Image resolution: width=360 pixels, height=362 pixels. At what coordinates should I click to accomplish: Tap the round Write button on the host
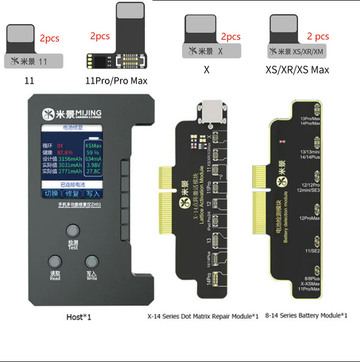tap(91, 263)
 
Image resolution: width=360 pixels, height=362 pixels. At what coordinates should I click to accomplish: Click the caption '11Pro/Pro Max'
tap(116, 81)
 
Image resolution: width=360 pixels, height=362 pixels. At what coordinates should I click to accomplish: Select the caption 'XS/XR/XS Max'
tap(297, 70)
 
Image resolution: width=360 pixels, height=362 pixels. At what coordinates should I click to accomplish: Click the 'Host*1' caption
tap(78, 317)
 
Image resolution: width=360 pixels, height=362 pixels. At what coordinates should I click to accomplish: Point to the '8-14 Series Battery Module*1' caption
tap(306, 316)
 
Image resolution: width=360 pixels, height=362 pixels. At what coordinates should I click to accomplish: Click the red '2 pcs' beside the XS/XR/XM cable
tap(318, 36)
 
